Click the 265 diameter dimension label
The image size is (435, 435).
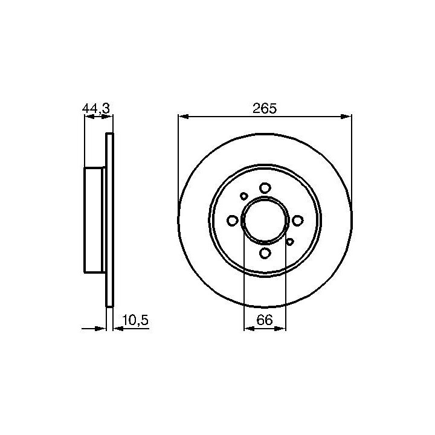click(x=265, y=108)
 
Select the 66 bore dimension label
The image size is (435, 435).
click(x=265, y=320)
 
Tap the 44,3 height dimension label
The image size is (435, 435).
click(x=96, y=108)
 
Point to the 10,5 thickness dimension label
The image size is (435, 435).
click(x=135, y=320)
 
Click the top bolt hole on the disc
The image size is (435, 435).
click(x=265, y=188)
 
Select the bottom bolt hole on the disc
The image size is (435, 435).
click(x=265, y=253)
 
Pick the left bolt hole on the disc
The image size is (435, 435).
click(x=233, y=221)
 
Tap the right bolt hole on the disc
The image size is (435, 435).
click(x=298, y=221)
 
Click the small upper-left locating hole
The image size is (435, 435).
click(x=244, y=196)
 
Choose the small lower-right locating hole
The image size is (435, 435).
click(x=289, y=242)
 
